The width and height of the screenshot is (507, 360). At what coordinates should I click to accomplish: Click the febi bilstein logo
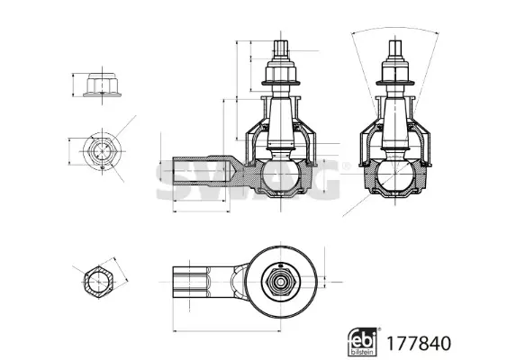[363, 342]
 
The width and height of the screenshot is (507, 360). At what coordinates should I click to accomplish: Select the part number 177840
[419, 343]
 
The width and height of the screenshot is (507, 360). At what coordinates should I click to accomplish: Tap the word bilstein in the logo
[363, 352]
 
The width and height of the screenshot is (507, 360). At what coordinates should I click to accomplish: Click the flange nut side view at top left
[102, 85]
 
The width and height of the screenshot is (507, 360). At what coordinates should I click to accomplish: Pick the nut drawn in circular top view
[102, 151]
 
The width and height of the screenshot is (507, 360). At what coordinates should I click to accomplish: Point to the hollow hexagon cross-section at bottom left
[99, 282]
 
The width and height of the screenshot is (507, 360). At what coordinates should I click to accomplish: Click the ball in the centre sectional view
[281, 175]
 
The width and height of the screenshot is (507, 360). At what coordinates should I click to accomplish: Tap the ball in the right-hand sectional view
[394, 175]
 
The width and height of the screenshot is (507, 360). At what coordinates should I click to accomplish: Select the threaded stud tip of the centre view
[281, 49]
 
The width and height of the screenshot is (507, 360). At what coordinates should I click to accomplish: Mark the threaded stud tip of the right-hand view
[394, 49]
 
